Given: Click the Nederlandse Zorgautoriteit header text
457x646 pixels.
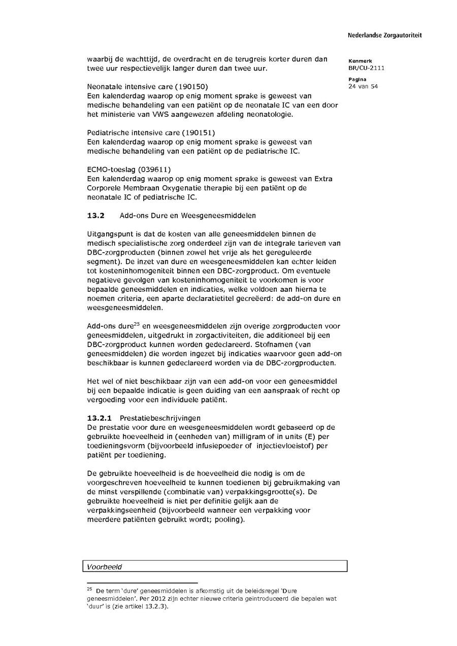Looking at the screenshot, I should pyautogui.click(x=384, y=36).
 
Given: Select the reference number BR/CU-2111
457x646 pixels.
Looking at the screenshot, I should pyautogui.click(x=366, y=68).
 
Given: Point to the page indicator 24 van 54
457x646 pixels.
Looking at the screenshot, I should pyautogui.click(x=363, y=86).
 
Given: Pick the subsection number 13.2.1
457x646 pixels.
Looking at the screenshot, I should pyautogui.click(x=100, y=419).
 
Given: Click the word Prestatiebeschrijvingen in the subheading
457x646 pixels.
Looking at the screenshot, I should pyautogui.click(x=160, y=419).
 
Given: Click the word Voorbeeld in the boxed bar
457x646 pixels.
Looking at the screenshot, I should pyautogui.click(x=105, y=567).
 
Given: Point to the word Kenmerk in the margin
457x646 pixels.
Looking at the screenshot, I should pyautogui.click(x=360, y=61).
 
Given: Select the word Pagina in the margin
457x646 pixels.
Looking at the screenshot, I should pyautogui.click(x=357, y=79).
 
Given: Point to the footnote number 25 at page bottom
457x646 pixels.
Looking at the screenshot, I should pyautogui.click(x=89, y=590).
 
